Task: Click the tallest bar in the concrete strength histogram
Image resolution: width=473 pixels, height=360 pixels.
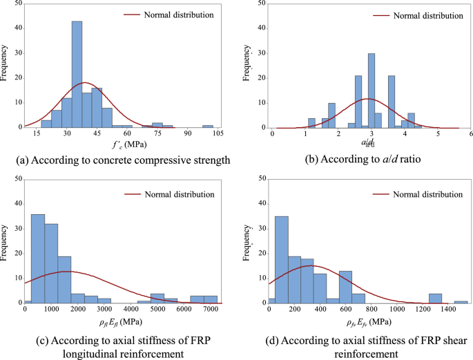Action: (77, 74)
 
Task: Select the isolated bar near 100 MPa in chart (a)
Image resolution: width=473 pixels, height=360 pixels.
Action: (207, 126)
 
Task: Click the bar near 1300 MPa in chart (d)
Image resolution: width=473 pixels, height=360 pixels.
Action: (435, 298)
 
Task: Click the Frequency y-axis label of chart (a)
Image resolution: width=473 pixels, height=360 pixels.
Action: (6, 64)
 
